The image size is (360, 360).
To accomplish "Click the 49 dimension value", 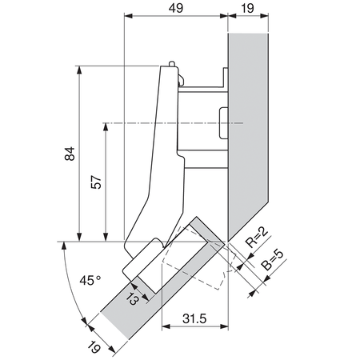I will (177, 9).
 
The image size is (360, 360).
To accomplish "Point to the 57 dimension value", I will (96, 182).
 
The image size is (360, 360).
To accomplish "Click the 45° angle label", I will (90, 281).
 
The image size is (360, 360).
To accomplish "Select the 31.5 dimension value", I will (194, 318).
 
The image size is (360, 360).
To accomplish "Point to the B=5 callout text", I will (273, 262).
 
